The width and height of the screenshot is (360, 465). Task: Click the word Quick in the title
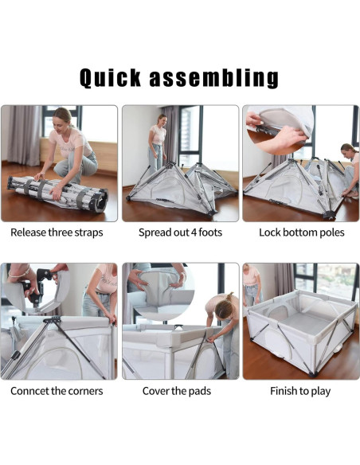110,78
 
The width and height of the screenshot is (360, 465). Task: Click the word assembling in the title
213,78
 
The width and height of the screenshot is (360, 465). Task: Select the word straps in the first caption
88,232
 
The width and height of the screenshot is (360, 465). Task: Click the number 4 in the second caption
194,232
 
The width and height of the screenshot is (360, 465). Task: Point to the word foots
210,232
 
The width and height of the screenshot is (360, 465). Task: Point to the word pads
200,391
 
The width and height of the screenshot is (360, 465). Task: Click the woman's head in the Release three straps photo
63,119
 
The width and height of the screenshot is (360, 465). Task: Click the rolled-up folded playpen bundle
57,193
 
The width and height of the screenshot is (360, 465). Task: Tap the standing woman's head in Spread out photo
162,119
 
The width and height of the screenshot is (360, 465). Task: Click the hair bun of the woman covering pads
230,296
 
